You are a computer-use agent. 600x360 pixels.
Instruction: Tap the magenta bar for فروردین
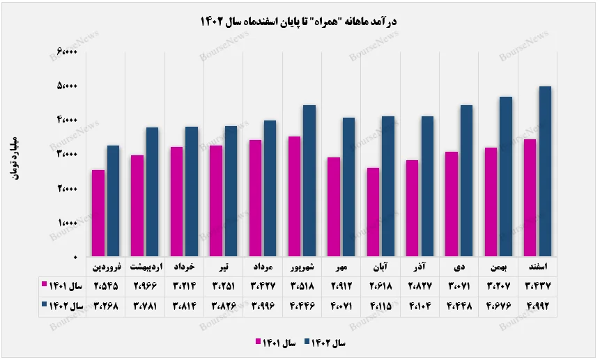click(99, 213)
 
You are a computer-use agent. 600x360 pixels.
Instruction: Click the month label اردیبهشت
click(145, 267)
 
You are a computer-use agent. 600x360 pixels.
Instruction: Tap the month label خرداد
click(184, 267)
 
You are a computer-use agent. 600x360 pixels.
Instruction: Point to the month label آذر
click(420, 267)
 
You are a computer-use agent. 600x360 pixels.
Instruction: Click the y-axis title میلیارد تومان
click(15, 155)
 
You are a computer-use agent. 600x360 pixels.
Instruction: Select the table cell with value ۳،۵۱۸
click(302, 285)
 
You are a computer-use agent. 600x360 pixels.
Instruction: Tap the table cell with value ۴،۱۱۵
click(380, 306)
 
